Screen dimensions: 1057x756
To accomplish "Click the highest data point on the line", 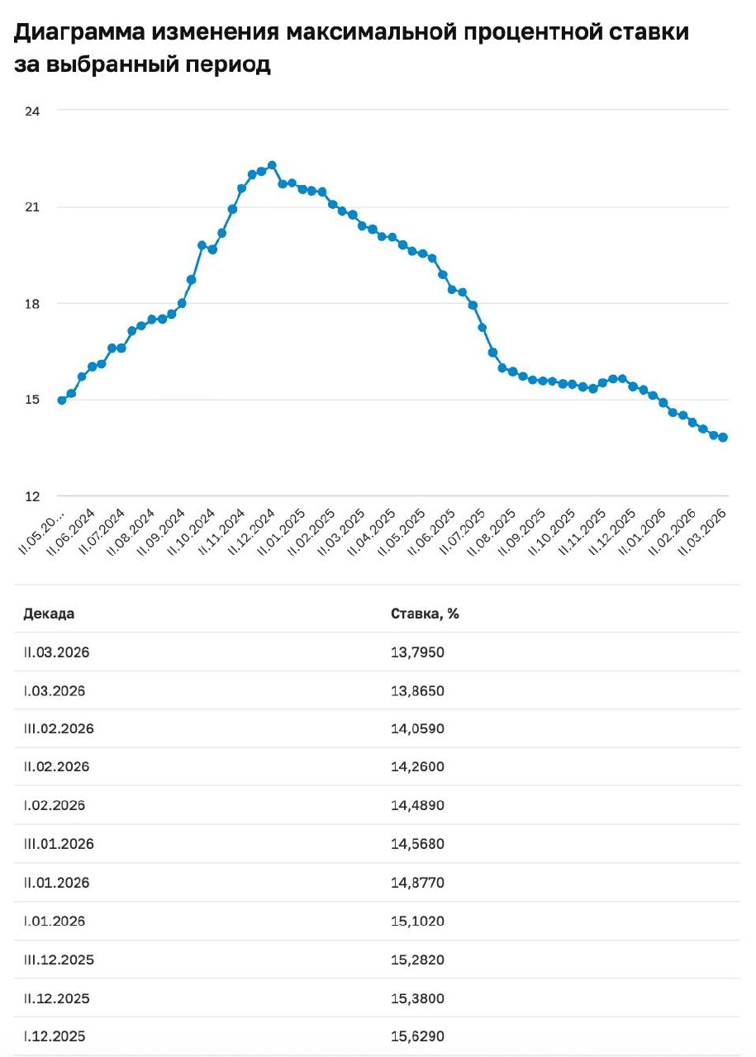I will [x=272, y=165].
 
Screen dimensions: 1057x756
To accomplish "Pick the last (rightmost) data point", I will [x=723, y=438].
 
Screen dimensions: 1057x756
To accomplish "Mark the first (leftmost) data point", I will [x=62, y=400].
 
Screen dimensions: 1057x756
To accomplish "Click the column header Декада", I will [x=49, y=614].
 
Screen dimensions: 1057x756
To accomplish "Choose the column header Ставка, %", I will [x=424, y=614].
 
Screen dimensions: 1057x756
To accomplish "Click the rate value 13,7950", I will [x=417, y=652].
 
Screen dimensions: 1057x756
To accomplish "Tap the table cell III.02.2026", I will [x=59, y=729].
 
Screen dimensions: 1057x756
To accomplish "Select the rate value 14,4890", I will [x=417, y=806].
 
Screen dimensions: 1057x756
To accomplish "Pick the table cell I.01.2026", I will [x=55, y=922].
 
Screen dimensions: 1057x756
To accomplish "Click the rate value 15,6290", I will [x=417, y=1036].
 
